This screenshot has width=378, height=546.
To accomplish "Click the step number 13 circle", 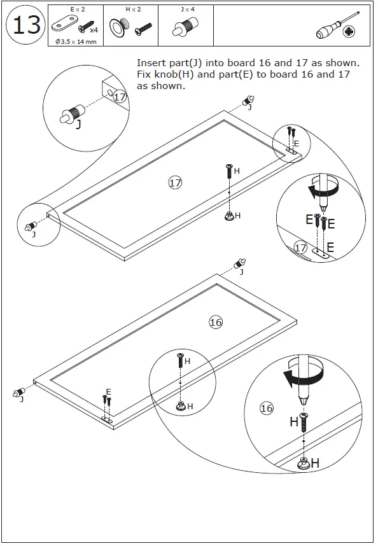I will point(27,25).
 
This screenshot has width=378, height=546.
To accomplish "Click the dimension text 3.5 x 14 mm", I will point(75,41).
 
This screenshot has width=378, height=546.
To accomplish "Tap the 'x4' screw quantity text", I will point(93,30).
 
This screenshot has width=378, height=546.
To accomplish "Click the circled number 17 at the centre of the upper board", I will point(175,183).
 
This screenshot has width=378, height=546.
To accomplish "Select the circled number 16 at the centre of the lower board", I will point(216,322).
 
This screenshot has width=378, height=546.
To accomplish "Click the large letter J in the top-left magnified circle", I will point(78,125).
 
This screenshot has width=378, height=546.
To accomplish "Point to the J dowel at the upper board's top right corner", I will point(249,100).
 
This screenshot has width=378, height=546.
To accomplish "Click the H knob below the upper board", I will point(228,216).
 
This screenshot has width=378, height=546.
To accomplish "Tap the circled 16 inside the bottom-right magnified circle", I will point(267,408).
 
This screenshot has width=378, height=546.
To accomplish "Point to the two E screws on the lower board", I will point(106,401).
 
